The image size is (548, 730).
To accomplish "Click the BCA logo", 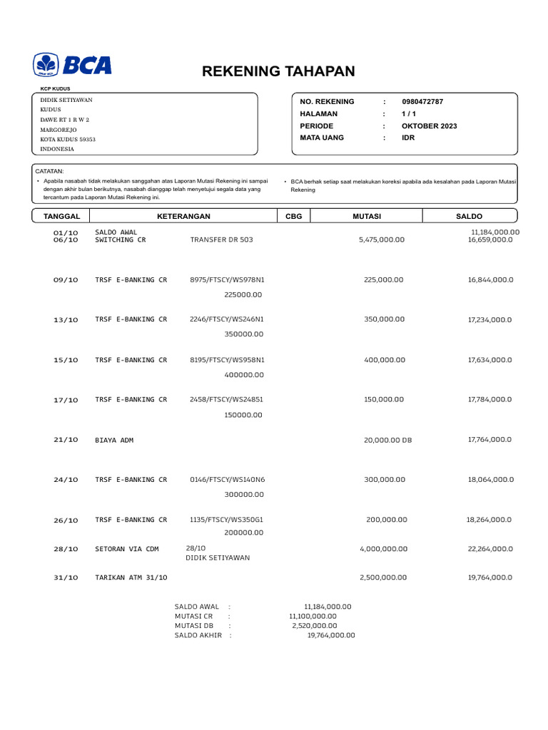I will (x=72, y=65).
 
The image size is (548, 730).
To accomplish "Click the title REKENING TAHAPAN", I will (x=278, y=71).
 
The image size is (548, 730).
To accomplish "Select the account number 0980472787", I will (x=422, y=102).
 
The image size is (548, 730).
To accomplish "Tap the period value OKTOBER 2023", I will (x=430, y=126).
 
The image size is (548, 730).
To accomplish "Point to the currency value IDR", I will (x=408, y=138).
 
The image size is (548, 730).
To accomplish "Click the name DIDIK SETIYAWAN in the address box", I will (x=66, y=101).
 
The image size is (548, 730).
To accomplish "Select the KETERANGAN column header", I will (x=183, y=216).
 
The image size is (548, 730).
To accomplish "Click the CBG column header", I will (x=293, y=216).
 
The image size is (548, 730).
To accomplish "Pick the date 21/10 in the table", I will (x=66, y=441).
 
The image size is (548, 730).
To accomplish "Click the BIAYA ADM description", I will (x=114, y=441).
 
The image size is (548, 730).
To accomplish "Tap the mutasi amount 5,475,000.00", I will (x=381, y=240).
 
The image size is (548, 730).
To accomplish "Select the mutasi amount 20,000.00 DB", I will (x=388, y=441).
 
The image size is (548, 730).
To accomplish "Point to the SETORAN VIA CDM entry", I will (x=127, y=549).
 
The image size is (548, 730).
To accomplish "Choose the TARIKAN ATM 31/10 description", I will (x=131, y=577).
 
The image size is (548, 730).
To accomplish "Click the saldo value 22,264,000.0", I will (x=489, y=549).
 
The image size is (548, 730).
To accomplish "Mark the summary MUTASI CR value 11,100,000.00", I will (x=313, y=616).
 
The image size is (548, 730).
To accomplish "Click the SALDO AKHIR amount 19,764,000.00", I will (x=330, y=635).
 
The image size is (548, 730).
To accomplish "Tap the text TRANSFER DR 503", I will (x=221, y=240).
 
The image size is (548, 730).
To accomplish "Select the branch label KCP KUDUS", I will (x=56, y=88).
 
